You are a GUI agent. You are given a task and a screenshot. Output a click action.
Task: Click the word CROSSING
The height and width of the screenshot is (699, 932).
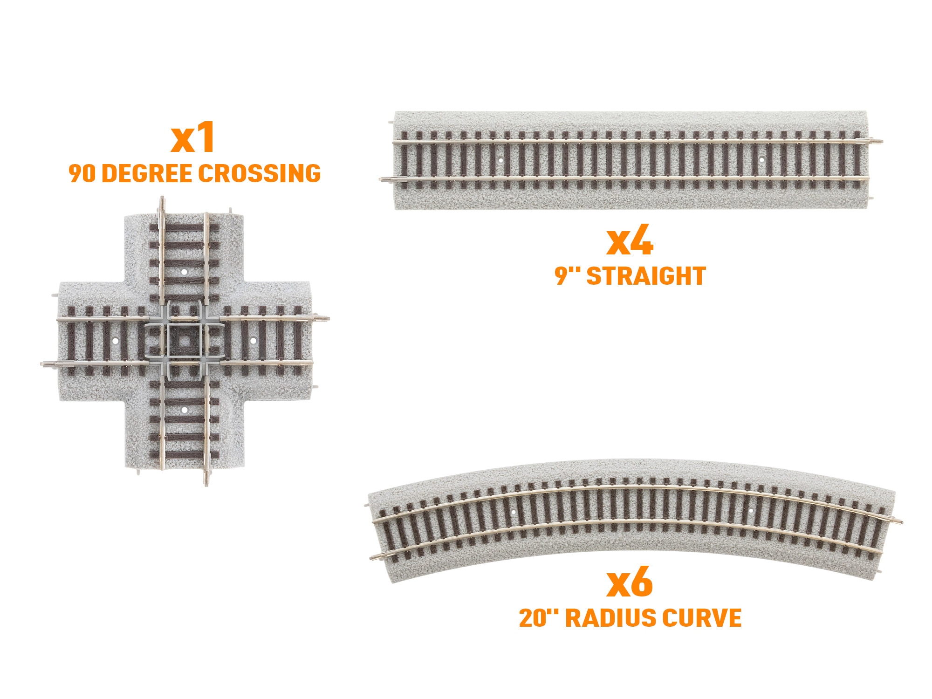(260, 173)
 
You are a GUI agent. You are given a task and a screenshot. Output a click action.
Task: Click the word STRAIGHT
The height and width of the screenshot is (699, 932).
(646, 276)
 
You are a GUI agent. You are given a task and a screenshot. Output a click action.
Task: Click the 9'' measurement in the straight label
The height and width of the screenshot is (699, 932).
(568, 276)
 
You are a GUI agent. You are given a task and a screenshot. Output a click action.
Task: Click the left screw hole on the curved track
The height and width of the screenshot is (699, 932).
(514, 511)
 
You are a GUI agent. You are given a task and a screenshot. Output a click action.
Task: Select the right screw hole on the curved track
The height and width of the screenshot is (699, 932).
(751, 511)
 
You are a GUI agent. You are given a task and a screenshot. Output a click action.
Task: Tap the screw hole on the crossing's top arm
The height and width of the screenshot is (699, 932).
(184, 271)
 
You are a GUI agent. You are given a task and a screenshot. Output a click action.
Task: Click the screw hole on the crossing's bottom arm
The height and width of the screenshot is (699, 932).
(184, 410)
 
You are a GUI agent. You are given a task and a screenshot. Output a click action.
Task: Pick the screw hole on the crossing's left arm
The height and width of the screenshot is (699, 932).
(115, 341)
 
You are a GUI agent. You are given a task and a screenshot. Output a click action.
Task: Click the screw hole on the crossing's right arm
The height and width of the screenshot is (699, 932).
(253, 341)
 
